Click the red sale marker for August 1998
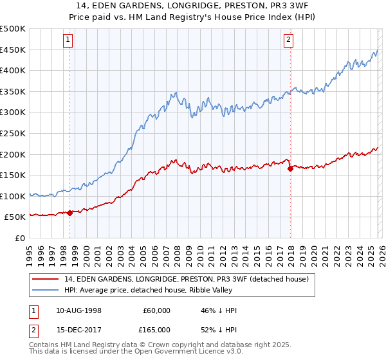[x=69, y=213]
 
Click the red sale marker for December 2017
[x=290, y=169]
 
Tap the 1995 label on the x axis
[x=30, y=251]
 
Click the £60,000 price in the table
[x=156, y=310]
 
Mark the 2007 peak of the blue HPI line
[x=175, y=93]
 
